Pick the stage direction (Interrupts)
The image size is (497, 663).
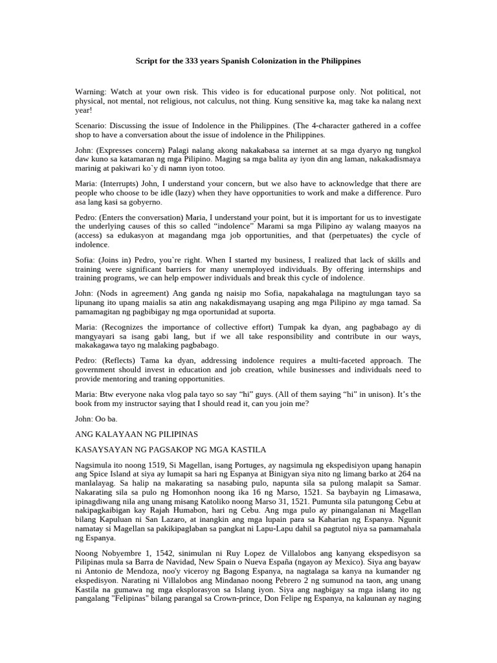coord(124,184)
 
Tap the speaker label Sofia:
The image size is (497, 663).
coord(87,260)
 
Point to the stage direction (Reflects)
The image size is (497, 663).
coord(121,360)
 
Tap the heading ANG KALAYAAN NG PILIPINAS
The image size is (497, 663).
coord(137,433)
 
